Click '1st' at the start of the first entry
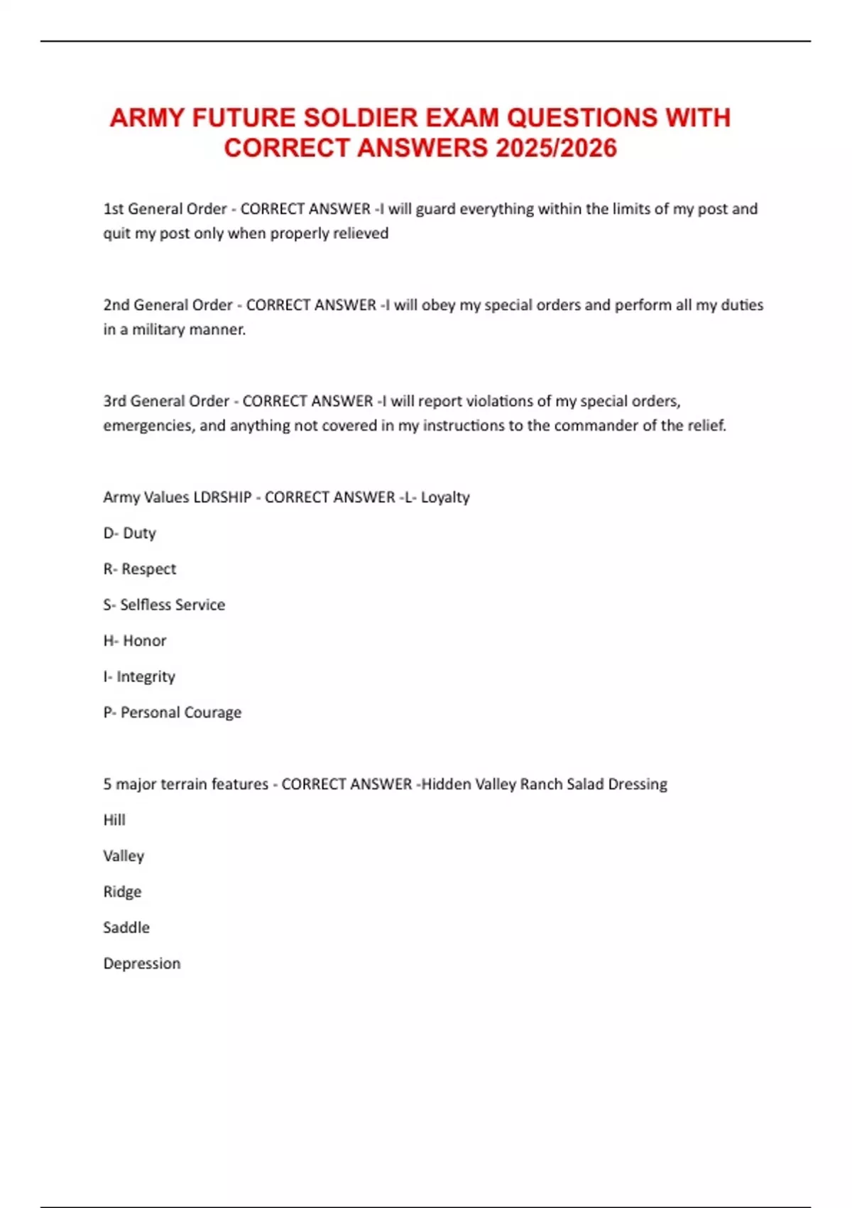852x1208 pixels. (x=114, y=209)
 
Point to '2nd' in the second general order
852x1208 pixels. (x=116, y=305)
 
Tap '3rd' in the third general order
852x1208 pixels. (x=115, y=401)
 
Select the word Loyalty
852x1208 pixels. (x=445, y=497)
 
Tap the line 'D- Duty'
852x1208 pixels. (x=129, y=533)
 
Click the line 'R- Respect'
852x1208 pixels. (x=140, y=569)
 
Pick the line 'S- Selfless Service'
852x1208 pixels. (x=164, y=605)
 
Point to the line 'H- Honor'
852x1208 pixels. (x=135, y=641)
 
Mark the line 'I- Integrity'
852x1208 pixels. (x=139, y=676)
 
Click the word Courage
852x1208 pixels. (x=212, y=713)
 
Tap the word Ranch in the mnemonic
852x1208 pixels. (x=541, y=784)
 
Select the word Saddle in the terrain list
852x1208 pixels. (x=126, y=928)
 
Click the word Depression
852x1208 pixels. (x=142, y=964)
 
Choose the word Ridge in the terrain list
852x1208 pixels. (x=122, y=892)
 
